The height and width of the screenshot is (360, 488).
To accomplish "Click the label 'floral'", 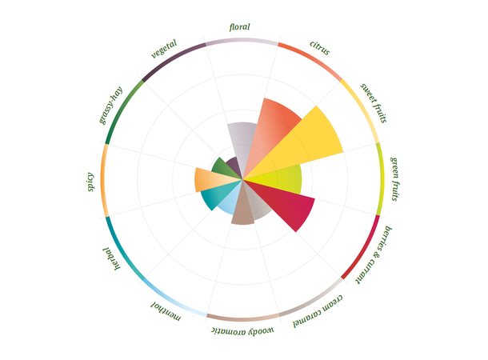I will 240,27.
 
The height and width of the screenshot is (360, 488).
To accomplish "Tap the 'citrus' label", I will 319,48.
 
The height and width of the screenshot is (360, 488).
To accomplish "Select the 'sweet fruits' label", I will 373,102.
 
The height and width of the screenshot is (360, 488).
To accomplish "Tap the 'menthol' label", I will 166,312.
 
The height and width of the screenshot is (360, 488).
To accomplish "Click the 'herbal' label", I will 111,258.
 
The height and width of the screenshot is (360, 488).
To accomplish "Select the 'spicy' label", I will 90,182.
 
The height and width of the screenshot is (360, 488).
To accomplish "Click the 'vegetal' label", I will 164,50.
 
